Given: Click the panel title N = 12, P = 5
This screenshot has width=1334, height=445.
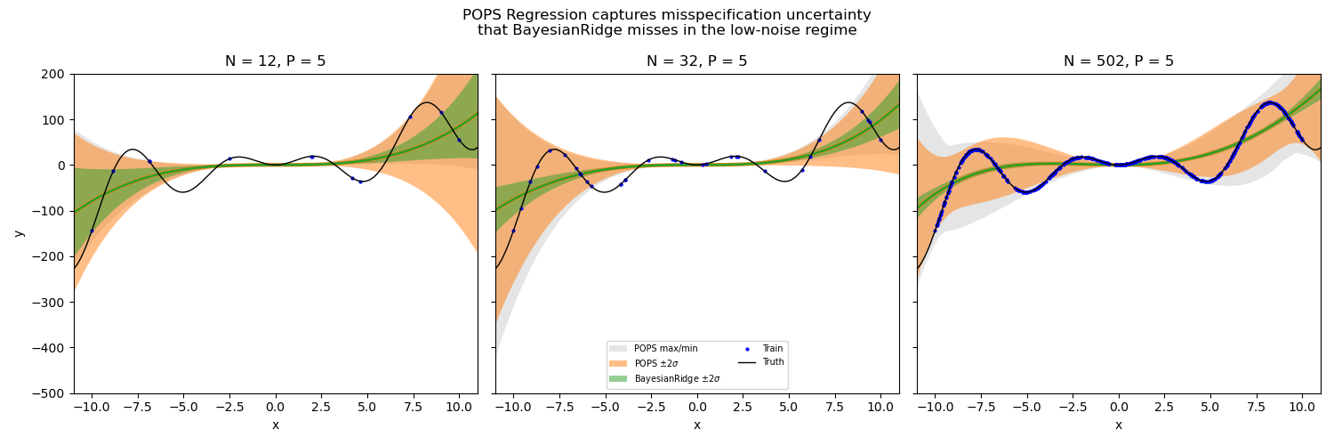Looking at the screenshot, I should [275, 61].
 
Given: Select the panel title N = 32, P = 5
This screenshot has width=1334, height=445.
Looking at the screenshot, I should [696, 61].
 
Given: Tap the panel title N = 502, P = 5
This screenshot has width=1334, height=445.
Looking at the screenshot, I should [1118, 61].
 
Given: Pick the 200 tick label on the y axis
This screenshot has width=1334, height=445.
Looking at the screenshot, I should [54, 75].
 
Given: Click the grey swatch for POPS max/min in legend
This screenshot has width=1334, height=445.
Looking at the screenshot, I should [619, 349].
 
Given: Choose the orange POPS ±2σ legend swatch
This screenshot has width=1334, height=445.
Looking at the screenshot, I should [619, 364].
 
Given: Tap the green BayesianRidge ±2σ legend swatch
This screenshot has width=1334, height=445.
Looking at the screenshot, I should [619, 379].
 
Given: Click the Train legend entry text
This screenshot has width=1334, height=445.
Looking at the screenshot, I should [772, 349].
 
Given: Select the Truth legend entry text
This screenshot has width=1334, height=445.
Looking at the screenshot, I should [773, 362].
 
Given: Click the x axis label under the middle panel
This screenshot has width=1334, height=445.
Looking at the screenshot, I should [696, 425].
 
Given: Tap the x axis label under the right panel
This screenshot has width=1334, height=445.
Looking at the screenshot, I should [1118, 425].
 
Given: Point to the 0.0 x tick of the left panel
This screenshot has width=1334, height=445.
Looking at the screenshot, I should [275, 407].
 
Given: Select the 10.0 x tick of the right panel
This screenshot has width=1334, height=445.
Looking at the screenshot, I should [1302, 407].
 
